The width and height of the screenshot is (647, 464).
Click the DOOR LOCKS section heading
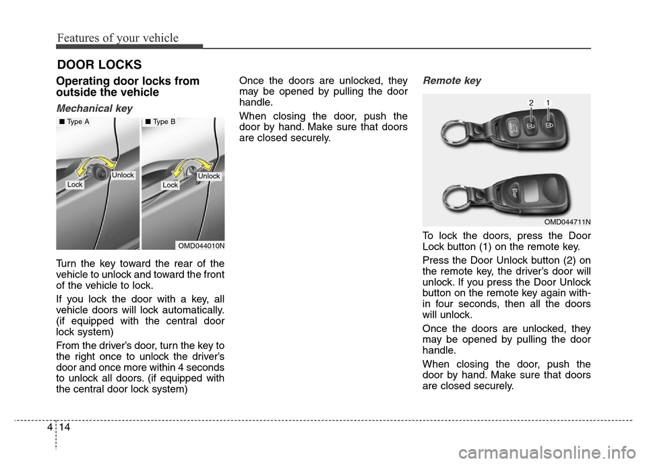tap(99, 65)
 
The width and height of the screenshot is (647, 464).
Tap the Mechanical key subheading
tap(94, 108)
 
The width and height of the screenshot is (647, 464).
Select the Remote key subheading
tap(452, 80)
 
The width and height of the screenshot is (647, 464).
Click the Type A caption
tap(74, 122)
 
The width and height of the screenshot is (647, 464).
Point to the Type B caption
tap(160, 122)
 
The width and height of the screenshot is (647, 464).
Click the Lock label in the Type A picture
tap(75, 185)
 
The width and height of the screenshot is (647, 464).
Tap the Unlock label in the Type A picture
tap(123, 175)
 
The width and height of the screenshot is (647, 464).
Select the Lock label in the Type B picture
tap(170, 185)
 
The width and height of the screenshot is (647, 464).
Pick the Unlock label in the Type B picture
tap(209, 176)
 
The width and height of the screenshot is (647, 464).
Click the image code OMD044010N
tap(201, 246)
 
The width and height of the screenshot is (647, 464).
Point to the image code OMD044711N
tap(567, 222)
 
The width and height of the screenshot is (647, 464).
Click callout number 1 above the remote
tap(548, 102)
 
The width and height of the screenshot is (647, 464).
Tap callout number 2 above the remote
tap(531, 102)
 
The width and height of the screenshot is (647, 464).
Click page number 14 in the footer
tap(65, 427)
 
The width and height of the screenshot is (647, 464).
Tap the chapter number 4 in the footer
tap(50, 427)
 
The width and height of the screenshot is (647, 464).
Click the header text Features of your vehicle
tap(117, 38)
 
